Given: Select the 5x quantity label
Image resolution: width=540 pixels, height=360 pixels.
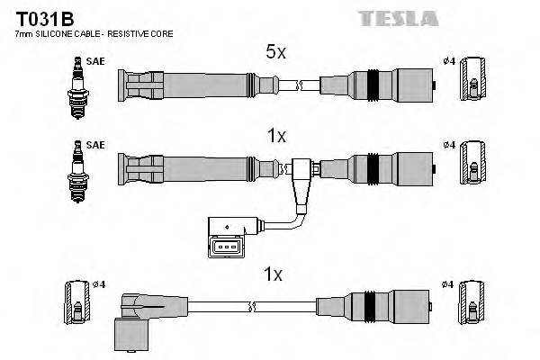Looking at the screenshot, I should click(275, 53).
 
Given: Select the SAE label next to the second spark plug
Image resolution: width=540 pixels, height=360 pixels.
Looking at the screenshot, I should click(95, 144).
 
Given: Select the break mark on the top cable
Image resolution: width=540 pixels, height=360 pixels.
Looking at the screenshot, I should click(297, 86).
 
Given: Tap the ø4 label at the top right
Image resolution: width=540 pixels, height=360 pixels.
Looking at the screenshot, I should click(449, 61).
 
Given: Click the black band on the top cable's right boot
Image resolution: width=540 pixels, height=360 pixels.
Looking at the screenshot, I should click(371, 86).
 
